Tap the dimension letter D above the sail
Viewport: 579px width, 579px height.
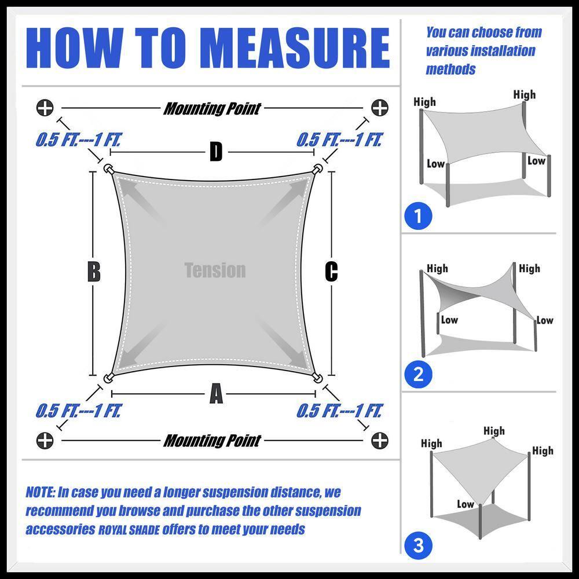click(x=215, y=153)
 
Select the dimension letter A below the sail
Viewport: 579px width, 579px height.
click(x=215, y=395)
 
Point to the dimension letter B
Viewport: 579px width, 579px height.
click(x=94, y=272)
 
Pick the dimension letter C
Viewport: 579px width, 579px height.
click(x=331, y=272)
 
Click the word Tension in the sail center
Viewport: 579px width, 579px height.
click(x=215, y=270)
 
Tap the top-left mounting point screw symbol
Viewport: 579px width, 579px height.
click(x=45, y=108)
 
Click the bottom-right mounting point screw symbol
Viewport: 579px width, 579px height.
click(x=380, y=441)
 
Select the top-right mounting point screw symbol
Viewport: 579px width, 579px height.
click(x=380, y=108)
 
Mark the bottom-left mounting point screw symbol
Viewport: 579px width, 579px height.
click(x=45, y=441)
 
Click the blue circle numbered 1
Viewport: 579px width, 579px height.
click(x=419, y=217)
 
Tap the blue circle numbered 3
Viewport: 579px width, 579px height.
click(x=419, y=545)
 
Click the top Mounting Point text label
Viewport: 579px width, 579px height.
click(x=212, y=108)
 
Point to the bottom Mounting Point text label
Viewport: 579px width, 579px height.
click(x=212, y=441)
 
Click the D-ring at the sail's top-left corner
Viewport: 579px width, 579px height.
click(x=108, y=169)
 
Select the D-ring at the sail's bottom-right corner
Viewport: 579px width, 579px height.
click(x=317, y=378)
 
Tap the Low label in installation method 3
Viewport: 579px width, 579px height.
click(x=465, y=504)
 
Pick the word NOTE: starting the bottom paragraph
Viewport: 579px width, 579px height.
click(x=40, y=493)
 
